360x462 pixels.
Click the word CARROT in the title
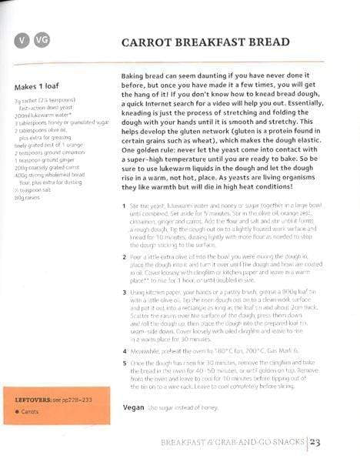click(151, 44)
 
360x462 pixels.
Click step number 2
click(124, 253)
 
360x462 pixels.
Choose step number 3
click(124, 293)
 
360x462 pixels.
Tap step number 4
click(124, 351)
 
